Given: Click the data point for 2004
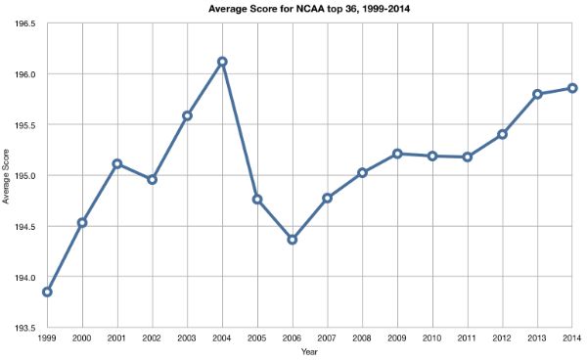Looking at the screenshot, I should pyautogui.click(x=222, y=62).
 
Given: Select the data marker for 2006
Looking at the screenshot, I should pyautogui.click(x=292, y=240).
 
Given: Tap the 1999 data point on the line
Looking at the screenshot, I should pyautogui.click(x=47, y=292).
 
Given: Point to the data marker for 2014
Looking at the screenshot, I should pyautogui.click(x=572, y=88).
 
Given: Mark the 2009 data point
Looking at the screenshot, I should pyautogui.click(x=397, y=154).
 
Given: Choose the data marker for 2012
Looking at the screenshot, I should pyautogui.click(x=502, y=134).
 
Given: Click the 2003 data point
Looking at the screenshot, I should pyautogui.click(x=187, y=115).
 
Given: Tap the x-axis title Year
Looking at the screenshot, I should pyautogui.click(x=309, y=351).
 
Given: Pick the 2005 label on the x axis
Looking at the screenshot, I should pyautogui.click(x=257, y=337).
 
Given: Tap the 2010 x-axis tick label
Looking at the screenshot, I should pyautogui.click(x=432, y=337).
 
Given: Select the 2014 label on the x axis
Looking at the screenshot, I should pyautogui.click(x=571, y=337).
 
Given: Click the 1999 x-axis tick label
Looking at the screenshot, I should pyautogui.click(x=47, y=337).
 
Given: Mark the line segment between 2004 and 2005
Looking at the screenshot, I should pyautogui.click(x=240, y=130).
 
